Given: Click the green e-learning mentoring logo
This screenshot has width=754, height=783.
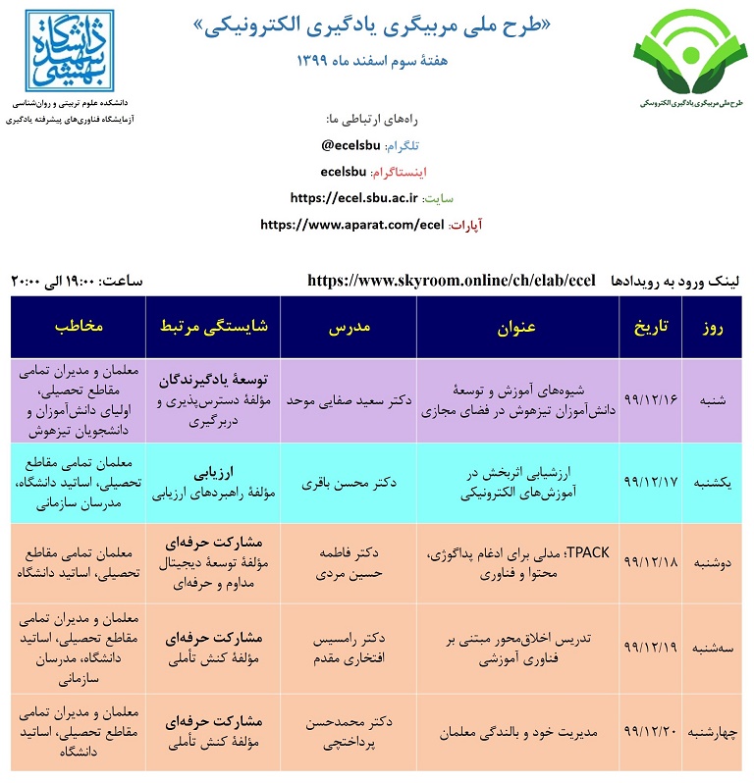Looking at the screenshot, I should pos(684,60).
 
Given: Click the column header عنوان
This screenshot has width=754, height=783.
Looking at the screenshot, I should pos(516,326).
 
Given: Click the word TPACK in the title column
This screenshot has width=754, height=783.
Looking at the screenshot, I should pos(588,553).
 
